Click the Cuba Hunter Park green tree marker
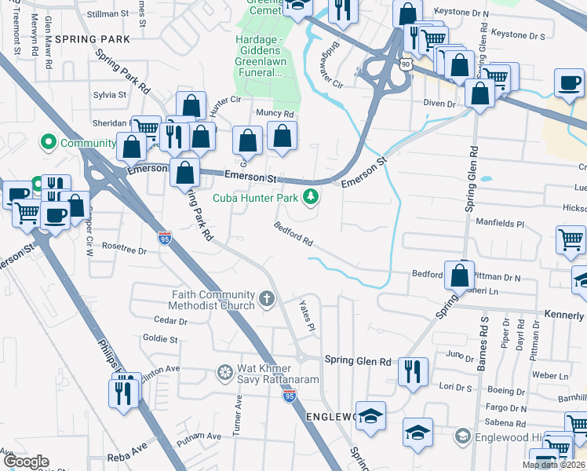(x=312, y=196)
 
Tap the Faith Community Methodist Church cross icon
(x=267, y=299)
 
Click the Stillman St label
(x=108, y=14)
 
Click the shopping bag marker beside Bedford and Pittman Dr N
(x=460, y=276)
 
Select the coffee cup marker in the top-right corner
(x=571, y=82)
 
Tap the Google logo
(x=27, y=462)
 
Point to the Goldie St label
(x=160, y=339)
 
